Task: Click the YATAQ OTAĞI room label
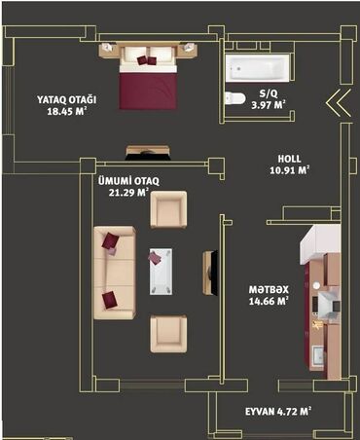(x=66, y=99)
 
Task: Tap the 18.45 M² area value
(x=66, y=111)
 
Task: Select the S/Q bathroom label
(x=269, y=93)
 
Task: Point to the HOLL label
(x=289, y=159)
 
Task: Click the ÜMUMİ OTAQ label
(x=128, y=181)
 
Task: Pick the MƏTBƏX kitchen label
(x=269, y=289)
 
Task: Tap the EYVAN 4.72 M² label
(x=278, y=411)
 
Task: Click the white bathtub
(x=258, y=68)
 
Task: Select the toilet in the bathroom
(x=235, y=98)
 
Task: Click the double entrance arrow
(x=339, y=103)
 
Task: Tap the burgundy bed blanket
(x=148, y=92)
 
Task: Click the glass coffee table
(x=161, y=272)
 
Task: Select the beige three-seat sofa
(x=115, y=273)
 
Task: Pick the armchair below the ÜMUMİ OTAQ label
(x=168, y=209)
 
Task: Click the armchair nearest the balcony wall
(x=168, y=334)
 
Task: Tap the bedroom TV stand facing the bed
(x=148, y=153)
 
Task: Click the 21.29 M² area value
(x=128, y=193)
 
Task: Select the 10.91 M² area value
(x=289, y=170)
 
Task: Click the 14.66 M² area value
(x=269, y=301)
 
